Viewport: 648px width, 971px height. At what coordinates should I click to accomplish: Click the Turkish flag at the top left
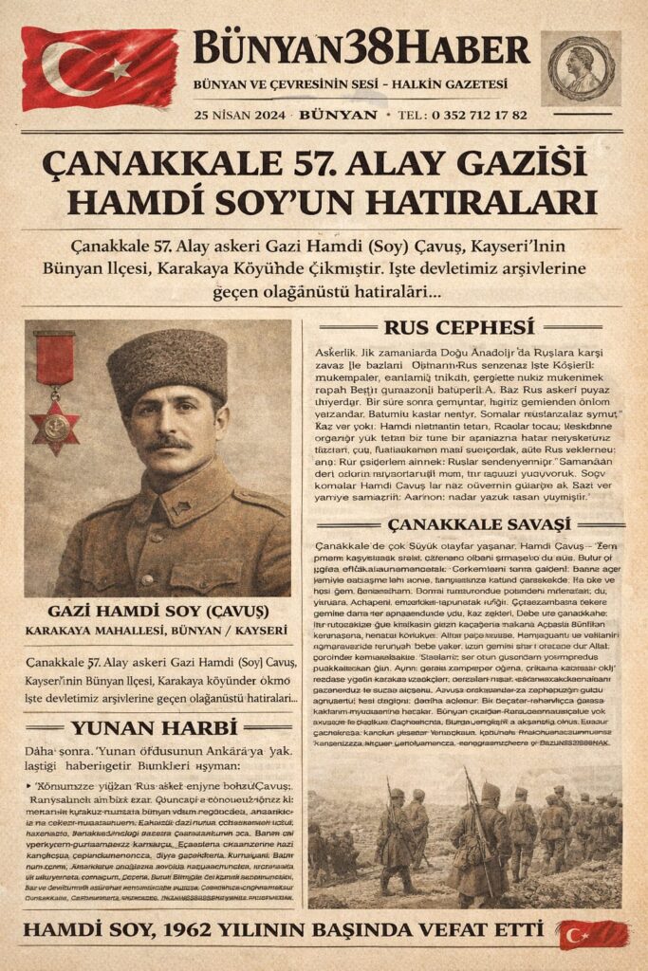tap(99, 68)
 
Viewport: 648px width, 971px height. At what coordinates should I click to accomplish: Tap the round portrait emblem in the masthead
tap(582, 65)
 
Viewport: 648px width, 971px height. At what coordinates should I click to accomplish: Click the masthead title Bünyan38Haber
tap(361, 47)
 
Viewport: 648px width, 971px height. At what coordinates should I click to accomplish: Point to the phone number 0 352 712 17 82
tap(479, 115)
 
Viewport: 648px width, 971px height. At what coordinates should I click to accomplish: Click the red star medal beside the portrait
tap(54, 427)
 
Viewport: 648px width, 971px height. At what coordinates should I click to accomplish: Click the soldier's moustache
tap(168, 443)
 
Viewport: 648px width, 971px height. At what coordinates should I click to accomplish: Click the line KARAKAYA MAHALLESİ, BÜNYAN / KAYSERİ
tap(157, 631)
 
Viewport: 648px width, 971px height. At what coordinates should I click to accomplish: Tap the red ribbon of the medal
tap(54, 358)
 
